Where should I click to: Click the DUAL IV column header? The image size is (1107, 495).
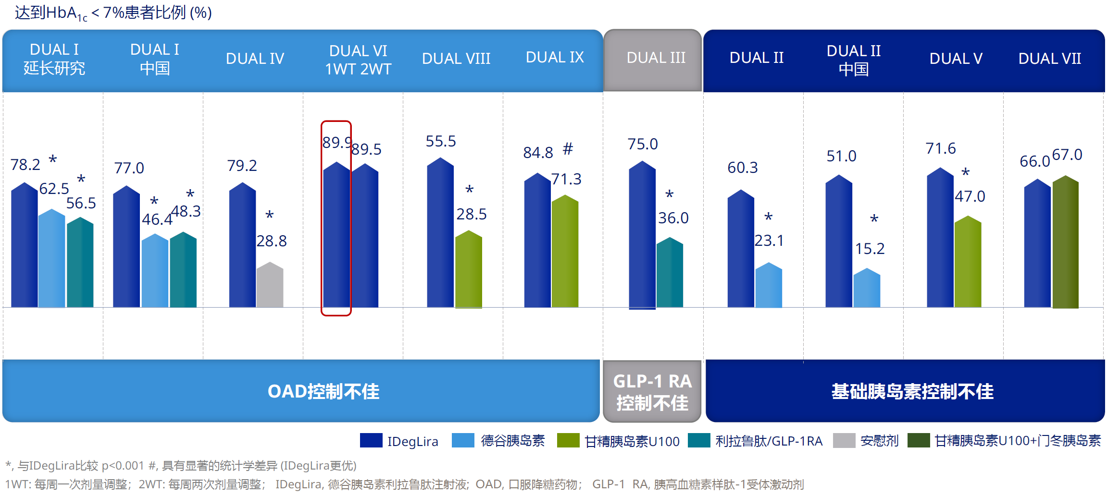point(255,59)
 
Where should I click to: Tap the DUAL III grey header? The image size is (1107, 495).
point(656,58)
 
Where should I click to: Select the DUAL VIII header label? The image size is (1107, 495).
point(456,59)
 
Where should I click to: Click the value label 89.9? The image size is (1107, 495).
point(337,143)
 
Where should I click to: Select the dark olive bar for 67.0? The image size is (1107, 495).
point(1065,242)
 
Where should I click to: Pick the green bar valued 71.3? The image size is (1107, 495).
point(565,252)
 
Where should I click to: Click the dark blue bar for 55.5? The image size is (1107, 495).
point(440,233)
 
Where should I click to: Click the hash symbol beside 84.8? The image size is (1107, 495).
point(568,149)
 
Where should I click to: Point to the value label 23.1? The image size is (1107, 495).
point(769,241)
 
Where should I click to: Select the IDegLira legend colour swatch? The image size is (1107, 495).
point(371,440)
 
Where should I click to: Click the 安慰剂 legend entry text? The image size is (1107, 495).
point(879,441)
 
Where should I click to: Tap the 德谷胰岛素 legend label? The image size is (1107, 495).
point(512,441)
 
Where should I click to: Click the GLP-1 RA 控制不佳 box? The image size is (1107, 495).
point(652,392)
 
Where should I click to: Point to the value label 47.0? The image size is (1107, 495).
point(970,196)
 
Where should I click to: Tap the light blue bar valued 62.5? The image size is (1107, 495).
point(51,259)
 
